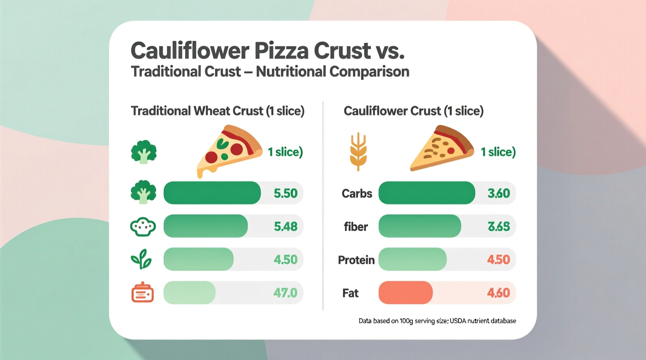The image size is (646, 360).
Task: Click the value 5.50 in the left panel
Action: point(285,193)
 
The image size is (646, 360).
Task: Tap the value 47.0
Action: point(285,292)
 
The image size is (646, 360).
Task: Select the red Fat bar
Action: point(405,292)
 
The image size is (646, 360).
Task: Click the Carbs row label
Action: point(357,193)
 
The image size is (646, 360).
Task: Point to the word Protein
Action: point(356,260)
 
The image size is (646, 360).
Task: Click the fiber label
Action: point(356,227)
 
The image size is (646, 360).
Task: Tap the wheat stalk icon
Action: point(358,152)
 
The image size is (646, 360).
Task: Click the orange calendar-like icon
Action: point(142,292)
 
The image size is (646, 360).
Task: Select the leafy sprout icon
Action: point(141,259)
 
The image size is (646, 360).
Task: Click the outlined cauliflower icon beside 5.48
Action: point(143,227)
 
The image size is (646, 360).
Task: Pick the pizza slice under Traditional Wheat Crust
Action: point(229,149)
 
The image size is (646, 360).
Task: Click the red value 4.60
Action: point(498,292)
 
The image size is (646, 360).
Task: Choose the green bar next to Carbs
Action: point(426,193)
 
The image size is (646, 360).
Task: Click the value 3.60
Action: point(498,193)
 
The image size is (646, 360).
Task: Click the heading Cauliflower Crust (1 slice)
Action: point(413,111)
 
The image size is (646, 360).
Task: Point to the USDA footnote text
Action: point(437,321)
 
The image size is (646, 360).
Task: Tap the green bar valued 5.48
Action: point(205,226)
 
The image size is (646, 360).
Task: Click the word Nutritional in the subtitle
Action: point(290,72)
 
